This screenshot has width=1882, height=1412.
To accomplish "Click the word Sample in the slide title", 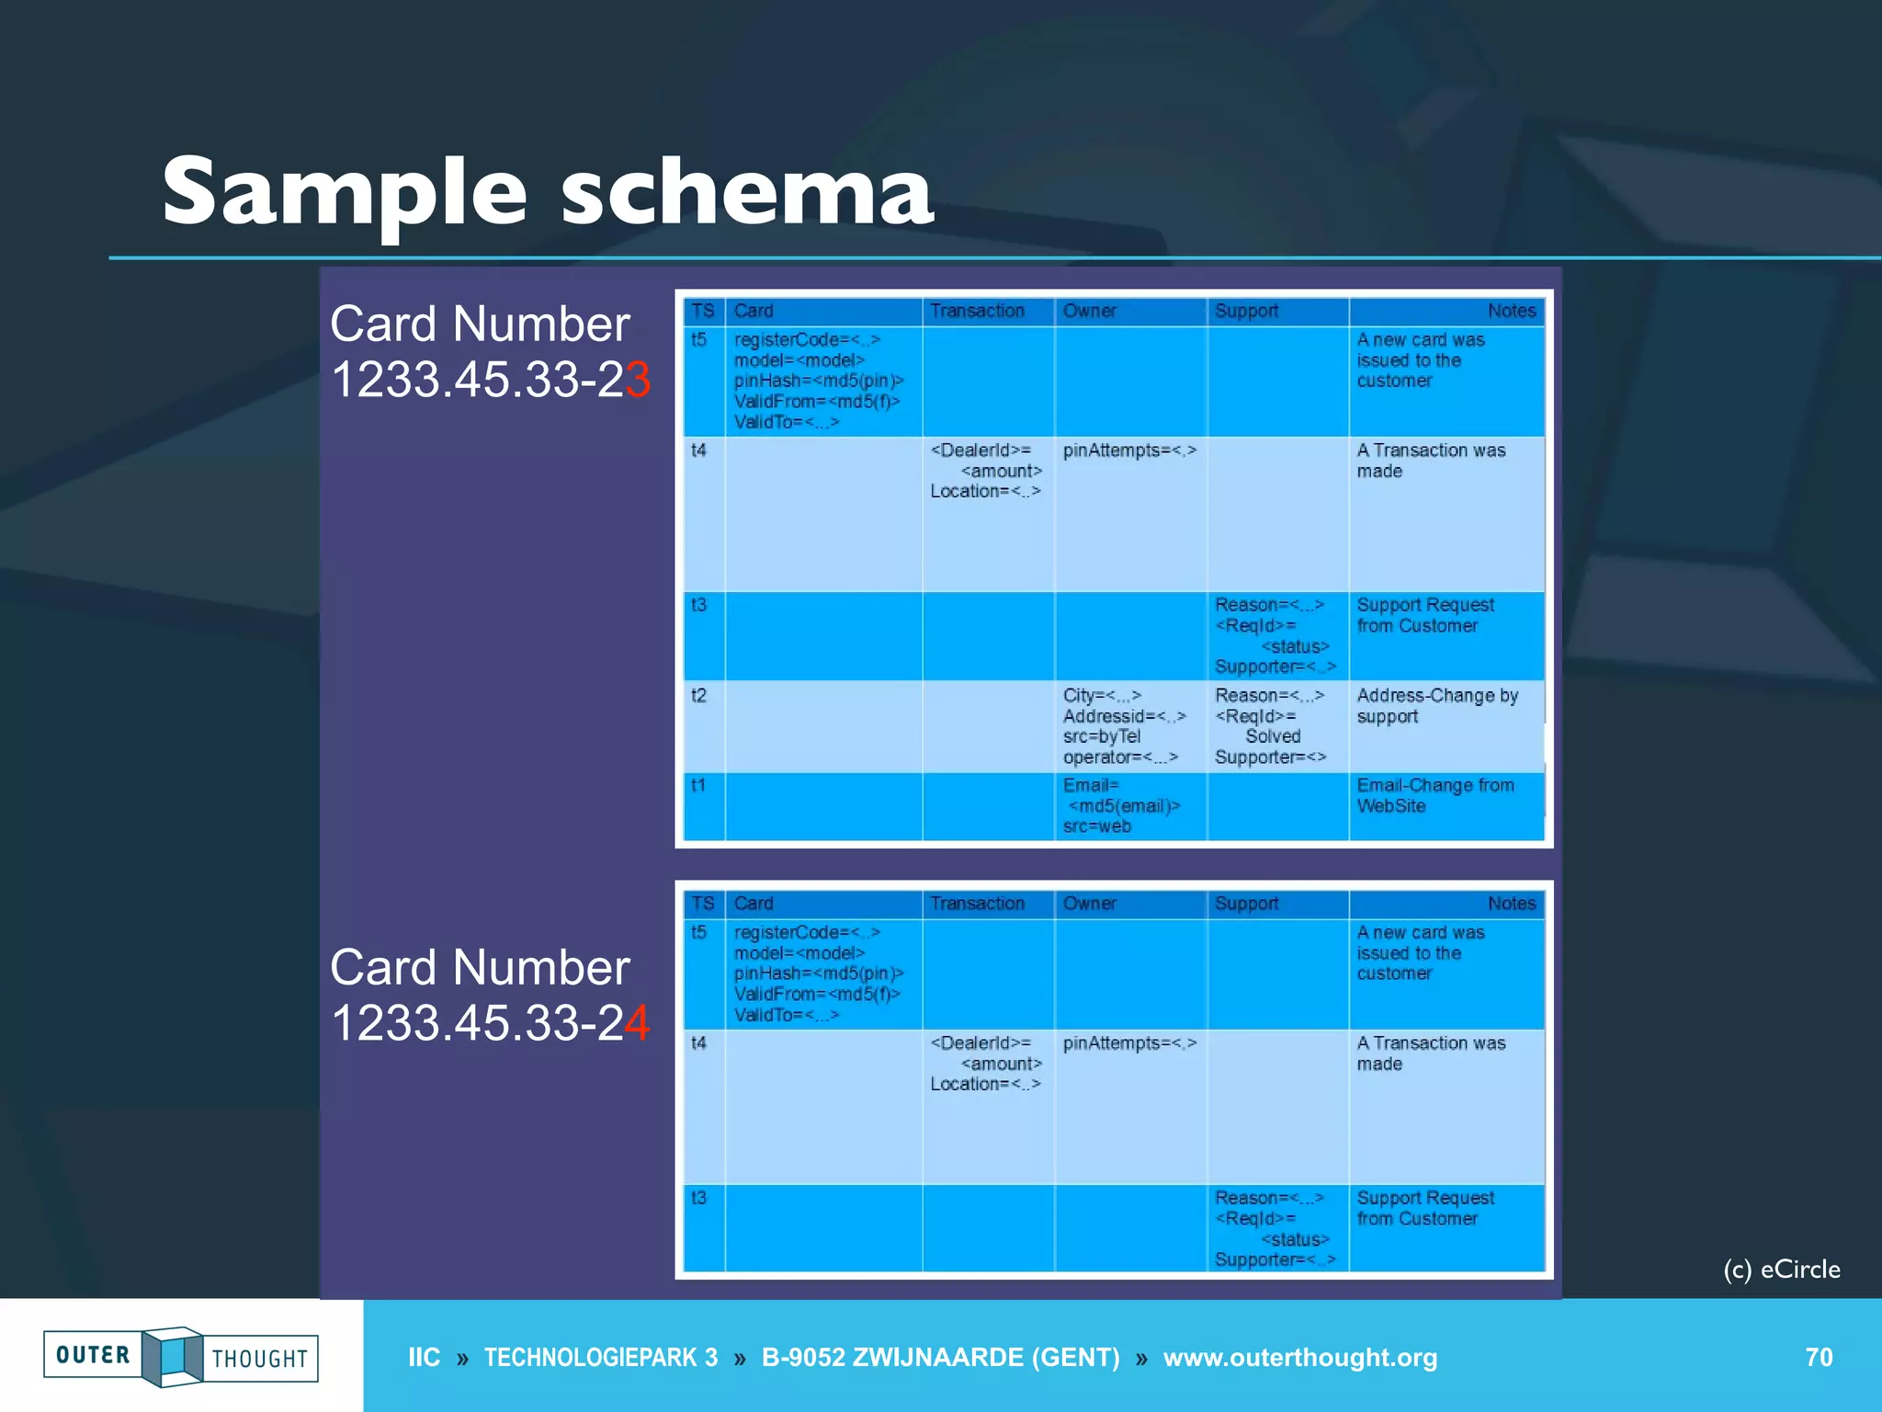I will click(x=345, y=193).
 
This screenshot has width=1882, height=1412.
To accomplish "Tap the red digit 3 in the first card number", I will click(x=638, y=380).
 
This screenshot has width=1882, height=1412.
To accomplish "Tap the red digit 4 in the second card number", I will click(x=638, y=1023).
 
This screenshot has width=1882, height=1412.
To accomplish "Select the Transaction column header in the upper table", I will click(x=977, y=311).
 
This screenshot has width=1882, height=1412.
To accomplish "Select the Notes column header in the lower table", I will click(x=1511, y=904).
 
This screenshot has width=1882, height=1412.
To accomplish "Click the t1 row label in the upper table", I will click(x=698, y=785).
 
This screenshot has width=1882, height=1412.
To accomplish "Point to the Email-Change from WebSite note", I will click(x=1434, y=795).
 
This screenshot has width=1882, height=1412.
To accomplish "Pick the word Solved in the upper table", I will click(x=1273, y=736).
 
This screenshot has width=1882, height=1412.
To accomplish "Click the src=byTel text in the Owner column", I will click(x=1101, y=736).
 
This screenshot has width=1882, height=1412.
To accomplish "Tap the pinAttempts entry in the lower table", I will click(x=1129, y=1043).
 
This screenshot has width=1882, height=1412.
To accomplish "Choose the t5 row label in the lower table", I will click(x=698, y=932).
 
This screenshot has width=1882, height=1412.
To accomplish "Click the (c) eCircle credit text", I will click(x=1781, y=1270).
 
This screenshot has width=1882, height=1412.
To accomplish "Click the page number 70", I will click(x=1819, y=1357).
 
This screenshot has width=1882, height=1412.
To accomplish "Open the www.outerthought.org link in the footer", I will click(x=1299, y=1357).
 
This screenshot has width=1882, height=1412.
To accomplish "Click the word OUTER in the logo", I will click(x=93, y=1355).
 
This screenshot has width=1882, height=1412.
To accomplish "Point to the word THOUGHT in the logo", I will click(x=260, y=1359).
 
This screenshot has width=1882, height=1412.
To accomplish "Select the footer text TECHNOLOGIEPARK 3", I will click(x=601, y=1357).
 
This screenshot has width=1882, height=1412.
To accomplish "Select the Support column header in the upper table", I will click(x=1246, y=311).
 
